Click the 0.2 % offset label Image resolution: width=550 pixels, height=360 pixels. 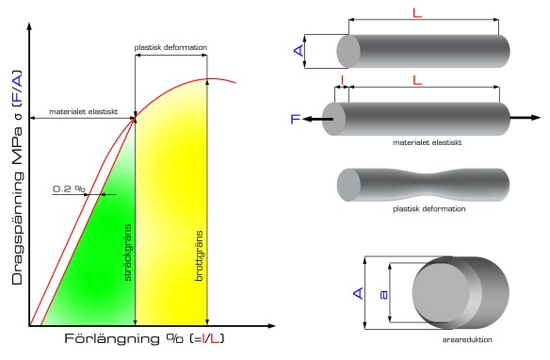click(x=69, y=189)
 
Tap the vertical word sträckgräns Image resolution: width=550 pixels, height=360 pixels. click(x=128, y=253)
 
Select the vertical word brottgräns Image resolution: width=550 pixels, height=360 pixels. click(x=199, y=255)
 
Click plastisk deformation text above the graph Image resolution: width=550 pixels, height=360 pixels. click(x=170, y=47)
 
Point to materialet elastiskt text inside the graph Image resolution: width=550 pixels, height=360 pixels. click(x=84, y=112)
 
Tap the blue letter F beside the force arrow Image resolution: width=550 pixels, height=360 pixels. click(x=296, y=120)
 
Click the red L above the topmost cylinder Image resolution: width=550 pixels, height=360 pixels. click(x=417, y=13)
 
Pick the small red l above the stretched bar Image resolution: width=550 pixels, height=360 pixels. click(x=343, y=81)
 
